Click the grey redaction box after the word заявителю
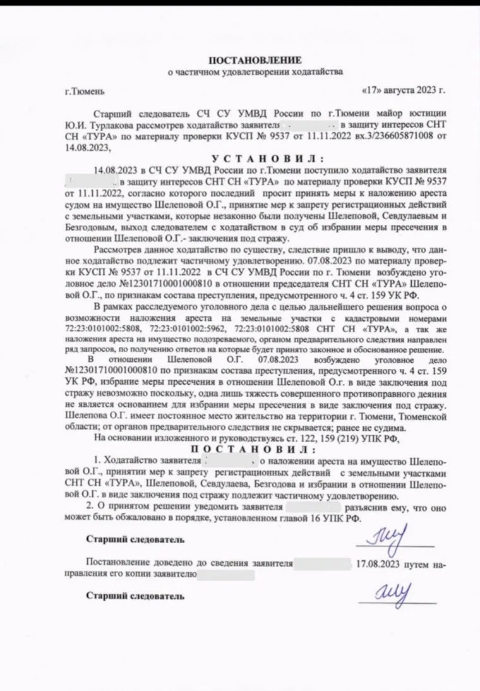(225, 574)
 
